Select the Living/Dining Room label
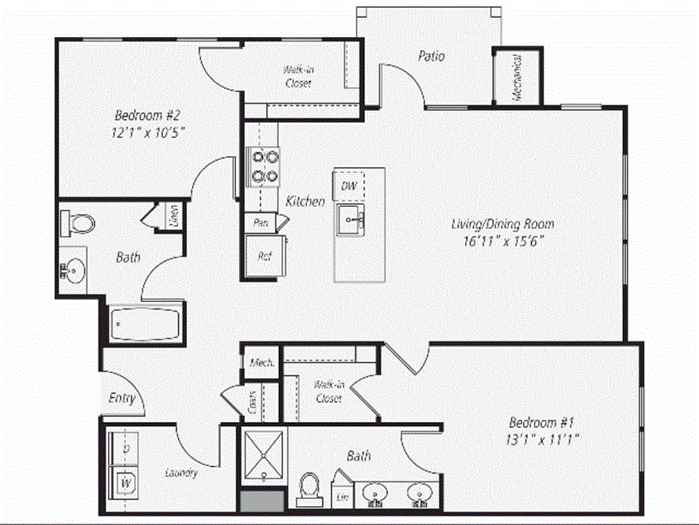pos(502,224)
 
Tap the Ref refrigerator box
pos(263,256)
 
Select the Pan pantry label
pos(260,223)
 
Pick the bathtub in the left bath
pos(145,324)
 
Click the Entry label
pos(122,399)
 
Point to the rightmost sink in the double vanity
pos(418,494)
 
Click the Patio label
pos(431,56)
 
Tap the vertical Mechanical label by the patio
pos(517,77)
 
